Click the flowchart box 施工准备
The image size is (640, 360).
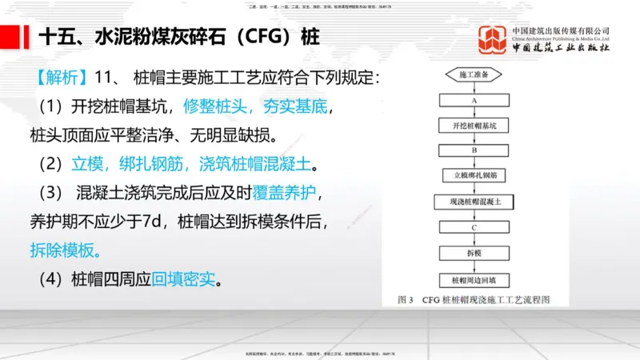(474, 74)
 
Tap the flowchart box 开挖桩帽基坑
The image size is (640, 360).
(474, 125)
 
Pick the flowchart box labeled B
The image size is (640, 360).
(474, 150)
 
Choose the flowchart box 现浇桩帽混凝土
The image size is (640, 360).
(474, 202)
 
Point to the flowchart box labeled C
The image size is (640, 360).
(474, 228)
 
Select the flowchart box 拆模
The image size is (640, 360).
(474, 253)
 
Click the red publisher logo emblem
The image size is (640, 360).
(493, 40)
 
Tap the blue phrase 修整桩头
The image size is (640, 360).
(218, 106)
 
